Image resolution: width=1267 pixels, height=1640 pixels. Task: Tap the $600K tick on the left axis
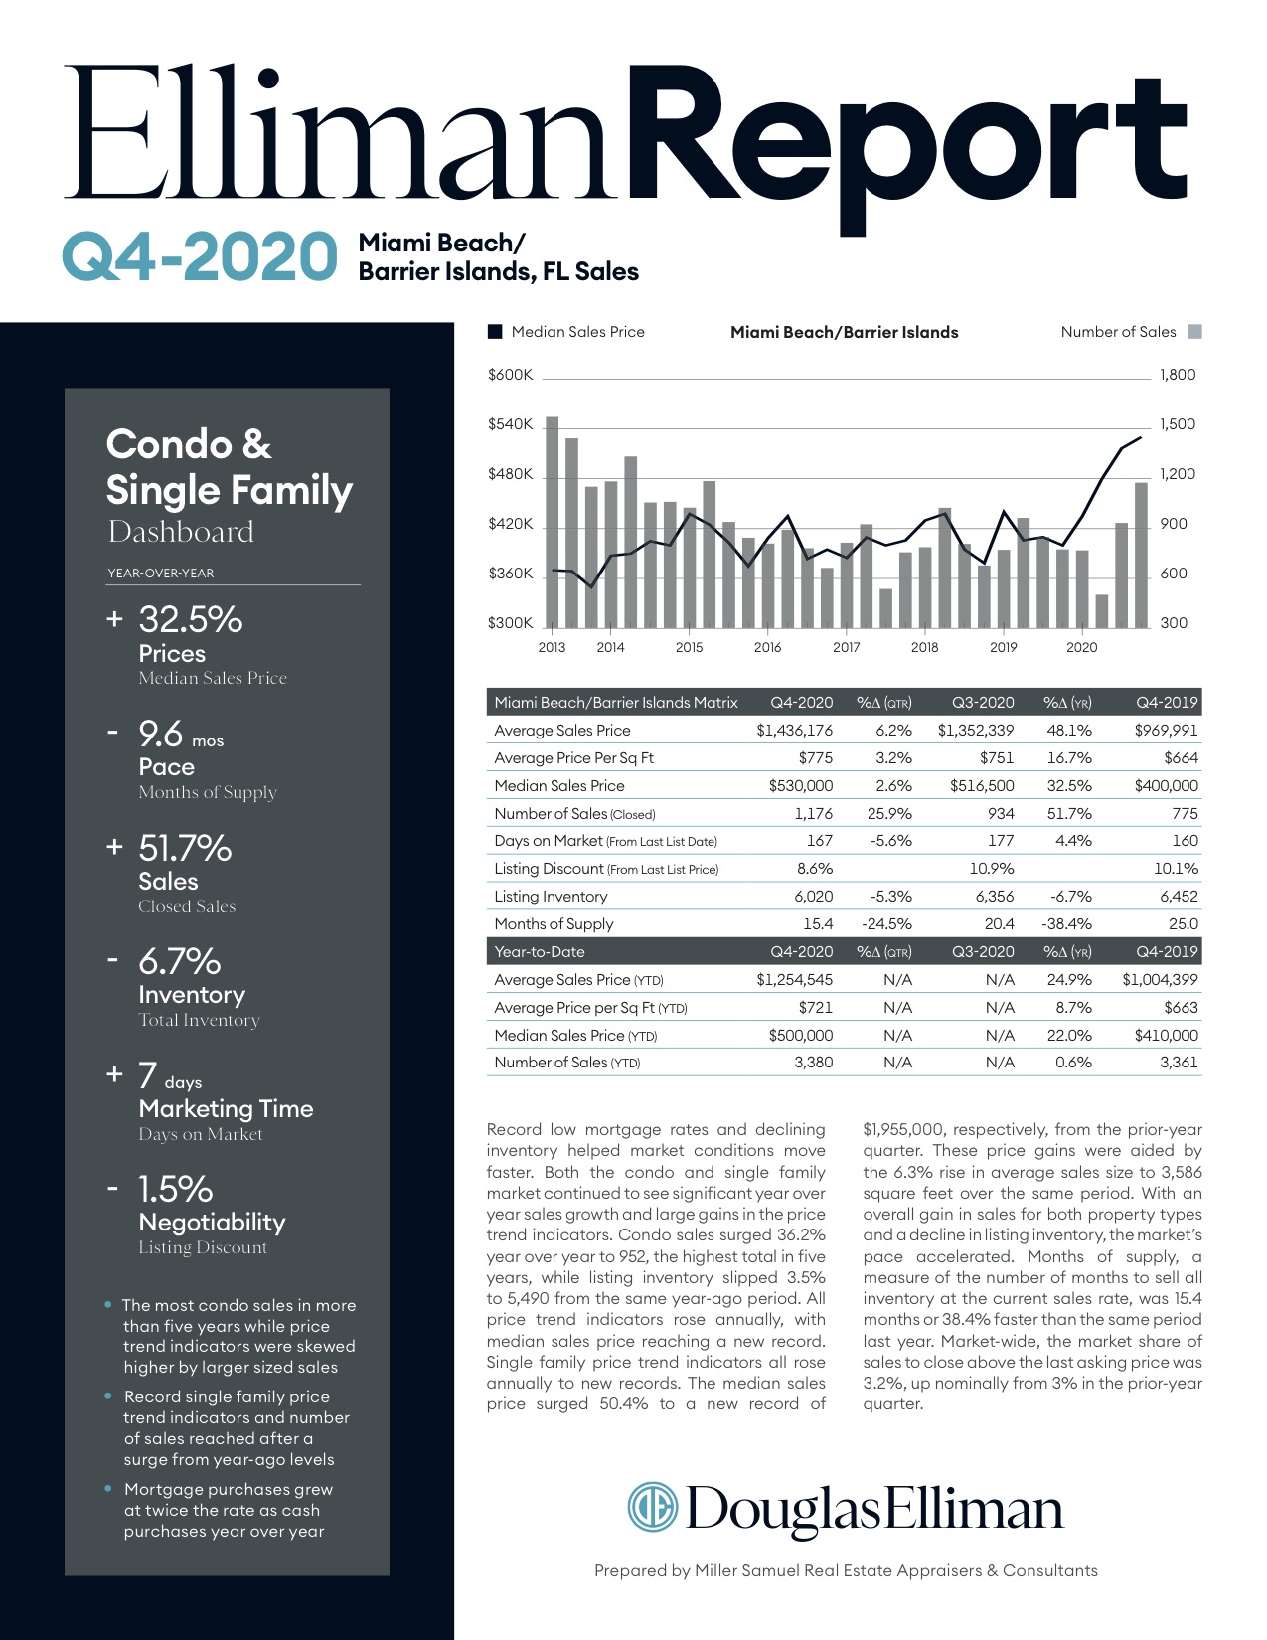tap(510, 375)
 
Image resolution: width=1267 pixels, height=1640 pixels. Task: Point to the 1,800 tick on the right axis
tap(1178, 375)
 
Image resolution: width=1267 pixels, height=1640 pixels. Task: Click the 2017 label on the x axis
tap(846, 647)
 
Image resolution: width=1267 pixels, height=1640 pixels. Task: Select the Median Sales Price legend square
tap(495, 332)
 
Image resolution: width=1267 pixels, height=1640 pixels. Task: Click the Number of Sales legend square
tap(1194, 332)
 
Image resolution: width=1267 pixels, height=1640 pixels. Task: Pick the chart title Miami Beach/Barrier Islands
tap(844, 332)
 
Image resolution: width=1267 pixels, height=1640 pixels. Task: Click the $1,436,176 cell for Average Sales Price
tap(794, 731)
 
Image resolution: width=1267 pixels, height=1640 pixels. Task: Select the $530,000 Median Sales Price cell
tap(800, 786)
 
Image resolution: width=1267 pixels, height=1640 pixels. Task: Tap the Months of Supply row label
tap(554, 924)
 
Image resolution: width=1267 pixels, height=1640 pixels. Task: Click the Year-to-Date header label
tap(540, 952)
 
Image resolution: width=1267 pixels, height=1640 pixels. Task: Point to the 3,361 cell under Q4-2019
tap(1179, 1063)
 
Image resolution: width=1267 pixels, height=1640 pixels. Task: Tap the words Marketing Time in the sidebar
tap(226, 1109)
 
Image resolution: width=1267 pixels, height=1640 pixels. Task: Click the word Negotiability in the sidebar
tap(212, 1223)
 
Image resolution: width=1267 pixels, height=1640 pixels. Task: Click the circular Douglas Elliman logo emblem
tap(652, 1507)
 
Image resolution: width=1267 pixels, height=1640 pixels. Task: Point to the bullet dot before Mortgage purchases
tap(108, 1489)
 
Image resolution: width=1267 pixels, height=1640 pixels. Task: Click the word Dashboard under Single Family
tap(181, 532)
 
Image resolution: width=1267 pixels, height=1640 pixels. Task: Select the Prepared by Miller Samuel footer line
tap(846, 1570)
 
